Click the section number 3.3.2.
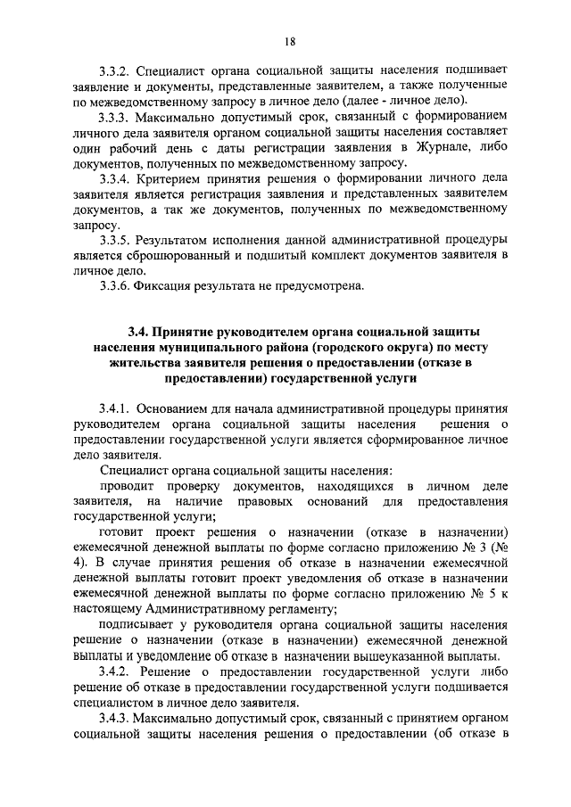(x=117, y=70)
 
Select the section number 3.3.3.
(x=117, y=117)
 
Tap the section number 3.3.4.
(x=117, y=179)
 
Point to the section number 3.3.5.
(x=117, y=240)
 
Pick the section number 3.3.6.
(x=117, y=286)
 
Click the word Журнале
(x=446, y=148)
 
